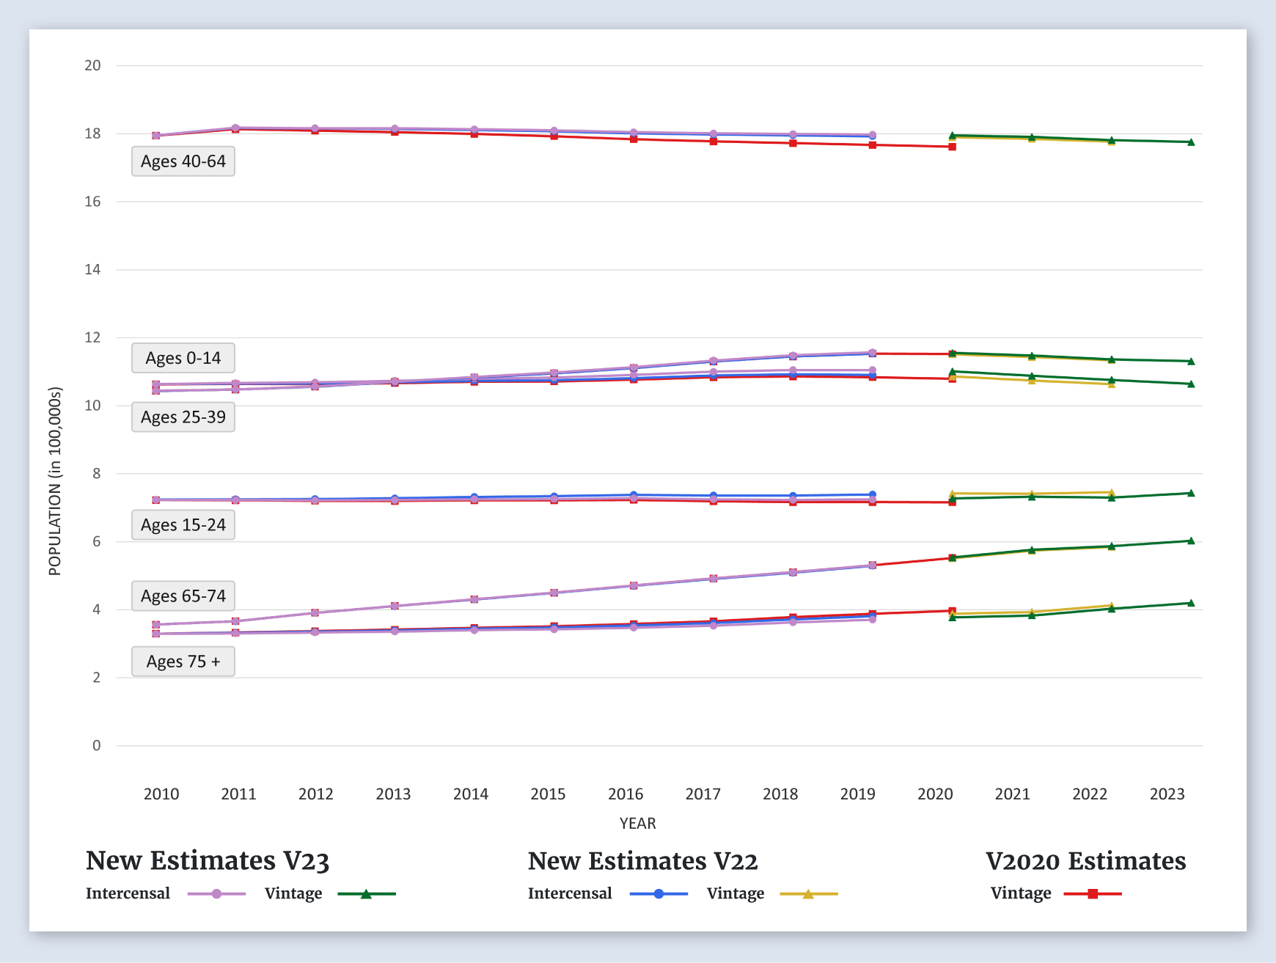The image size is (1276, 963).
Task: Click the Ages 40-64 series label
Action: click(183, 161)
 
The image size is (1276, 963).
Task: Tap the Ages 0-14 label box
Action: click(183, 358)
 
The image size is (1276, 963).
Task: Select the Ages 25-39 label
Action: click(183, 417)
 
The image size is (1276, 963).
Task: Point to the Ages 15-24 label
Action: click(183, 524)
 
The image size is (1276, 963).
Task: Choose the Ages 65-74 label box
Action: click(183, 596)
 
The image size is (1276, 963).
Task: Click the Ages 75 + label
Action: click(183, 661)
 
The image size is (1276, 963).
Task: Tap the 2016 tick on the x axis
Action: click(626, 794)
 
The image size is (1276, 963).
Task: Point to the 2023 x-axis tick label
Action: click(1167, 794)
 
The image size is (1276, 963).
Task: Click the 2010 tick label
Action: click(161, 794)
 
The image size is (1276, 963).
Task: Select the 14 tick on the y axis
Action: click(92, 269)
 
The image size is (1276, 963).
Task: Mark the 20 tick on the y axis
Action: click(92, 65)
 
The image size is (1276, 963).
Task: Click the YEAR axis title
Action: click(637, 823)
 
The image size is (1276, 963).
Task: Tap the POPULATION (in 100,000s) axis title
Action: click(55, 481)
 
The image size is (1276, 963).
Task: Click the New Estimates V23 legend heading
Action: click(208, 860)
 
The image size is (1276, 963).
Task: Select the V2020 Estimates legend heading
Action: click(1085, 860)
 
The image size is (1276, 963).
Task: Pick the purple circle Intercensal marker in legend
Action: click(216, 893)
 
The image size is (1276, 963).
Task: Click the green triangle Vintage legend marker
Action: click(366, 893)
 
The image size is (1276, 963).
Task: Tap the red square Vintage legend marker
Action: click(1093, 893)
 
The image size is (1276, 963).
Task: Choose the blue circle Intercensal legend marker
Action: click(659, 893)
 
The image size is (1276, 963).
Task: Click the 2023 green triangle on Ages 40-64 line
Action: click(1191, 142)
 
